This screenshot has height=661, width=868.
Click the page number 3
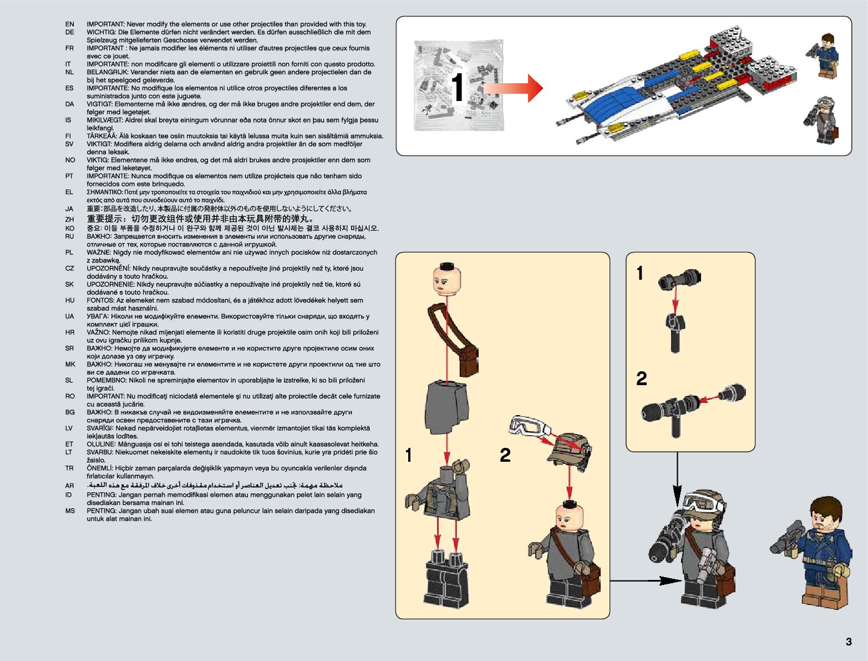coord(849,642)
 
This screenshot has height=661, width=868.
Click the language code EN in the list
coord(69,24)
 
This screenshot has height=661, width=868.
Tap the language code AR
coord(69,486)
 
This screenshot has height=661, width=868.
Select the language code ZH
coord(69,220)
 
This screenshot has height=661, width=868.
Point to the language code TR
coord(69,468)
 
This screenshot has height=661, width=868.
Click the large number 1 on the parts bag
coord(458,88)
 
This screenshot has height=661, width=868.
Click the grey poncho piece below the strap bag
coord(447,408)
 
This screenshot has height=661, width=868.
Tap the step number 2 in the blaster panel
coord(642,379)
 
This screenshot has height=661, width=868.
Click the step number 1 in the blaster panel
coord(640,274)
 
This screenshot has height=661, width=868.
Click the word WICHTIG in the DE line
coord(100,32)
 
